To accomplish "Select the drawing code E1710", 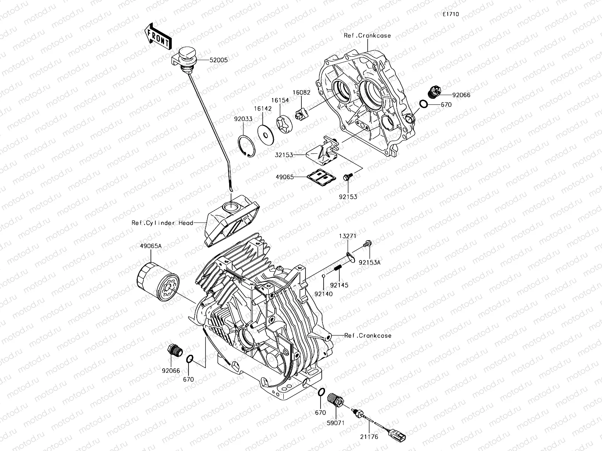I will [450, 14].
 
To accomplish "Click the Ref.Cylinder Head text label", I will [162, 223].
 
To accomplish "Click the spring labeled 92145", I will [337, 269].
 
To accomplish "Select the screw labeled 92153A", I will [367, 244].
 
